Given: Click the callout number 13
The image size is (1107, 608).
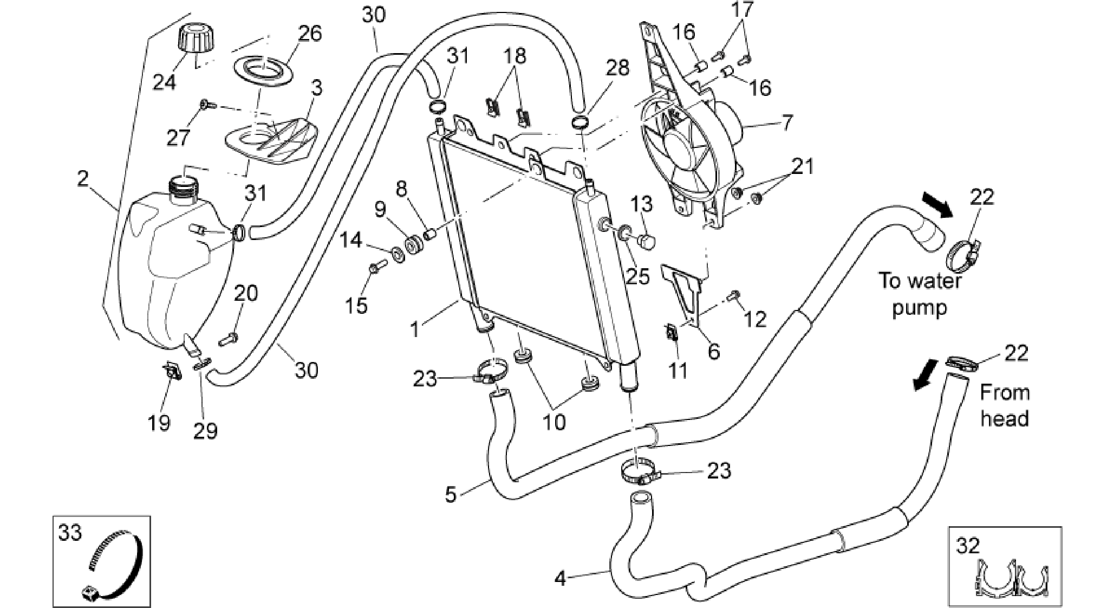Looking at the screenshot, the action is click(642, 205).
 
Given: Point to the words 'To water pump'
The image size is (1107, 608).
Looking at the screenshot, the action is click(919, 294).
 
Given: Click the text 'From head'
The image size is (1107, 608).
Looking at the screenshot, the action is click(1004, 405).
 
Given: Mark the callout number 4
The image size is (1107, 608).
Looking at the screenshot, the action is click(561, 578).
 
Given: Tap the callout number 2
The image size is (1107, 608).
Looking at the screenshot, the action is click(82, 179).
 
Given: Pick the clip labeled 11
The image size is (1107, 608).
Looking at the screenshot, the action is click(671, 333).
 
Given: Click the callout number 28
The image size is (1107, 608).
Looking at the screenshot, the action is click(617, 68).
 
